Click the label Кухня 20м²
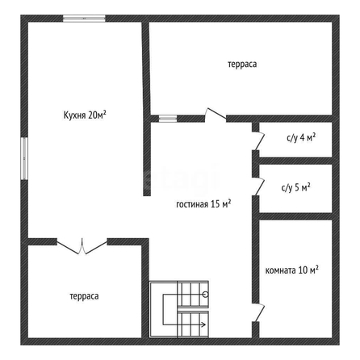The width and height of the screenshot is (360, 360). [x=85, y=115]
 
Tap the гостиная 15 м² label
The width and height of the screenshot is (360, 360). [x=203, y=204]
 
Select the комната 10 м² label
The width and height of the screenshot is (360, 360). [x=292, y=270]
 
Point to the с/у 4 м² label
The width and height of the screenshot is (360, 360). [x=301, y=138]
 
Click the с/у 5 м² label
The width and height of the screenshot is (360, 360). [x=296, y=187]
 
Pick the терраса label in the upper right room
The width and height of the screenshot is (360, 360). [x=242, y=65]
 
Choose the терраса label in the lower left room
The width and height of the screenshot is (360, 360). [x=84, y=296]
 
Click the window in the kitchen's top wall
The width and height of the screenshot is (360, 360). [x=84, y=19]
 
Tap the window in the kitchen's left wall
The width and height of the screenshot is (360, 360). [x=24, y=158]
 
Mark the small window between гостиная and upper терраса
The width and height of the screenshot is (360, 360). [x=168, y=119]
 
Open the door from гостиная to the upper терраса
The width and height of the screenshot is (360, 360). [x=216, y=115]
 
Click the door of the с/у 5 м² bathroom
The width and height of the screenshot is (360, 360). [x=258, y=186]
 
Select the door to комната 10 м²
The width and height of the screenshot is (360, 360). [x=258, y=312]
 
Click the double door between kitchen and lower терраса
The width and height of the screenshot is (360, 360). [x=82, y=246]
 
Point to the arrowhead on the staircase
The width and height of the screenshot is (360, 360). [x=203, y=324]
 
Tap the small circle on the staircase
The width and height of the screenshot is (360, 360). [x=206, y=295]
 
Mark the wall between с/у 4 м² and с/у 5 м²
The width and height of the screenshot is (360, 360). [x=295, y=161]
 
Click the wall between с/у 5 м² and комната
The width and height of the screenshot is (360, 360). [x=295, y=216]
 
